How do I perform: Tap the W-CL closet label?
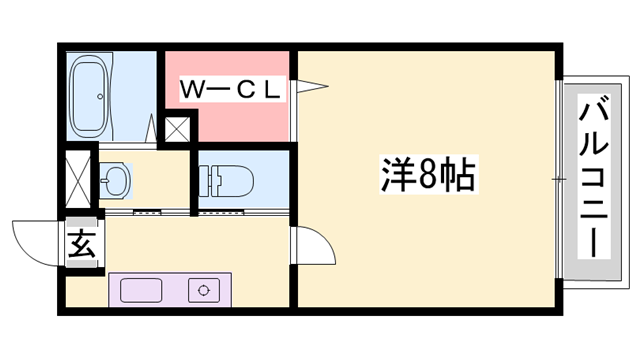(x=231, y=90)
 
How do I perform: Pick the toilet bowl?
(x=225, y=179)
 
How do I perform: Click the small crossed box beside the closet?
(x=178, y=129)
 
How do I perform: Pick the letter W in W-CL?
(x=192, y=90)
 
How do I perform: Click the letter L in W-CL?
(x=273, y=90)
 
